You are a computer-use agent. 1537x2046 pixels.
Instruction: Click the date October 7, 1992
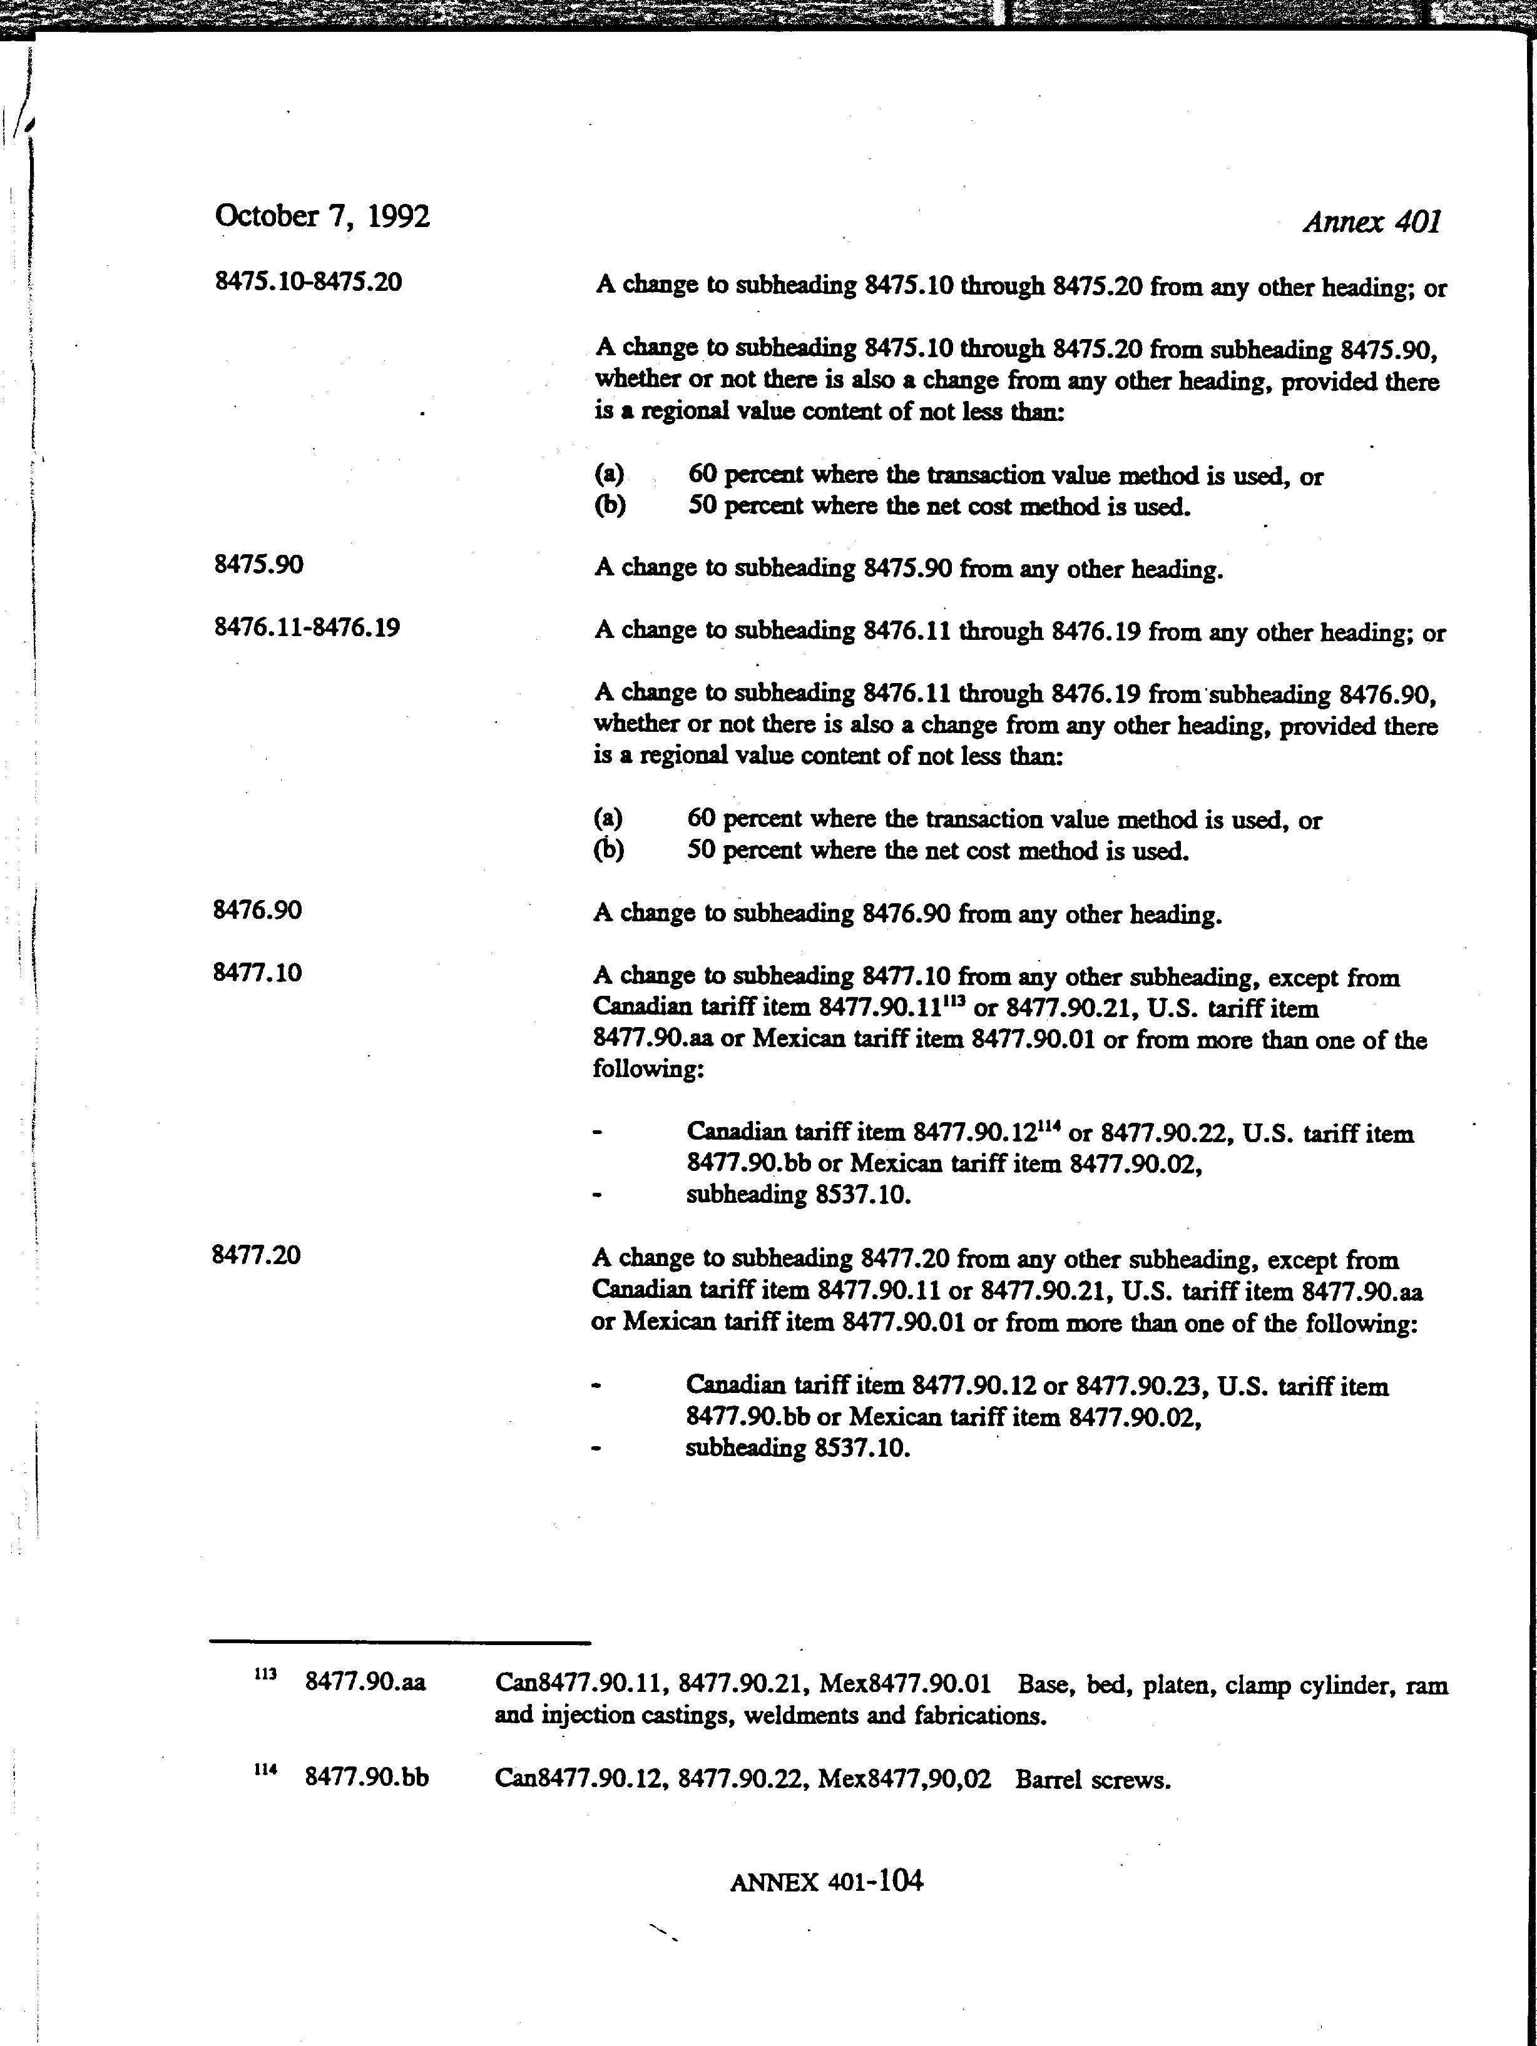tap(322, 216)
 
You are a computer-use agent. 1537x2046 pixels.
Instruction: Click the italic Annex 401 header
tap(1371, 222)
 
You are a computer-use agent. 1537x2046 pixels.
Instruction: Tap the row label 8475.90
tap(258, 564)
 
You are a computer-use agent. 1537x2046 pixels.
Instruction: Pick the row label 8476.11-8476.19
tap(306, 628)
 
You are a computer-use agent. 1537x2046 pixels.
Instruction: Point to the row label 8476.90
tap(257, 910)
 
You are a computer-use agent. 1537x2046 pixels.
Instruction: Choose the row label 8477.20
tap(257, 1255)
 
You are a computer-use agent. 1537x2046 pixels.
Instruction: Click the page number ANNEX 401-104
tap(825, 1881)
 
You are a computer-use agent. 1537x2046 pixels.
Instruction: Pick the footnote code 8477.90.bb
tap(367, 1778)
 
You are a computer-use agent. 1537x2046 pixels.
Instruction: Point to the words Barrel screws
tap(1093, 1780)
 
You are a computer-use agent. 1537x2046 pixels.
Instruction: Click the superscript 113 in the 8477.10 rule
tap(954, 1001)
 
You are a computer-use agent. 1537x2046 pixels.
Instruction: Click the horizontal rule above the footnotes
tap(400, 1643)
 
